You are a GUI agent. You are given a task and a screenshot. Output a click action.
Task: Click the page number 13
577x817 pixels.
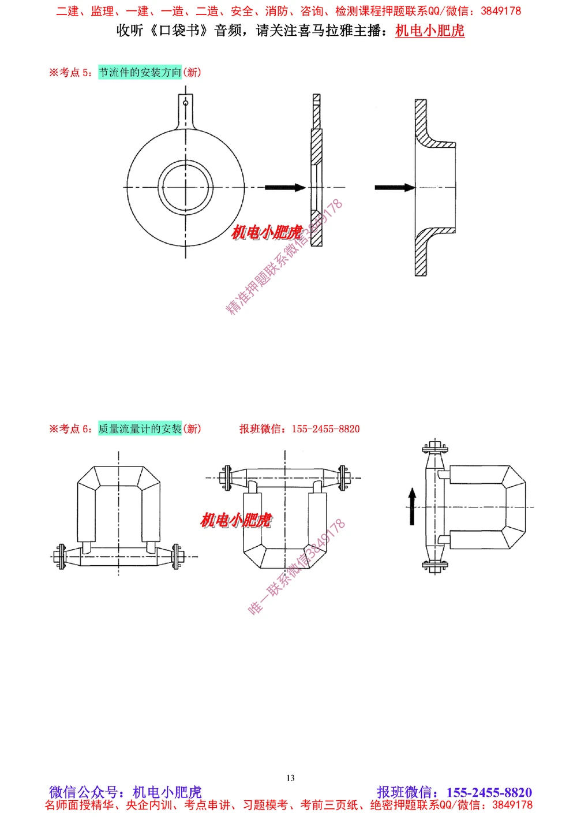pos(290,778)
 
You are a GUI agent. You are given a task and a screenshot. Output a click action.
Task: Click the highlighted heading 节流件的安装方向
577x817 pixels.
pos(140,72)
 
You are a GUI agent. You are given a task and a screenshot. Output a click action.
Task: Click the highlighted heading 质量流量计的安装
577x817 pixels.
pos(140,428)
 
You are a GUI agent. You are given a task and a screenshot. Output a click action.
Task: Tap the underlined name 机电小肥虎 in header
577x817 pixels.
pos(430,31)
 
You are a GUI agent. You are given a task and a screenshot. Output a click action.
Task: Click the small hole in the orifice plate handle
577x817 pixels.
pos(185,103)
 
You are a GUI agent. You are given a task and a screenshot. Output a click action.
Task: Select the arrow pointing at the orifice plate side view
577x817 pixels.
pos(285,187)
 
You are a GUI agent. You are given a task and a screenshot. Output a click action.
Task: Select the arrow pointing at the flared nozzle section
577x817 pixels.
pos(395,187)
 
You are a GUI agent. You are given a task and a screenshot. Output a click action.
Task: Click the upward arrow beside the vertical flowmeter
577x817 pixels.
pos(412,506)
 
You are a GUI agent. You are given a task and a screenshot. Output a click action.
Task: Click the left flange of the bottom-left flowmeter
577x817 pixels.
pos(59,557)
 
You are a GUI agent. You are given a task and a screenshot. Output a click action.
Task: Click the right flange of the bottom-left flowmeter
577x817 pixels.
pos(178,557)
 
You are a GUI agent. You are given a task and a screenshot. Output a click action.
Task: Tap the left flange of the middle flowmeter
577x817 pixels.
pos(226,478)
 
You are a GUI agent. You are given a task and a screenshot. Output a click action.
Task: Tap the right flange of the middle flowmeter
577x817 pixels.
pos(343,478)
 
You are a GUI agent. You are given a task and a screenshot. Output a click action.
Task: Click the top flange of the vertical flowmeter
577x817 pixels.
pos(434,447)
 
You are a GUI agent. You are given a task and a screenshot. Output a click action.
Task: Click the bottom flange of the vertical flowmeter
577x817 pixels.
pos(434,566)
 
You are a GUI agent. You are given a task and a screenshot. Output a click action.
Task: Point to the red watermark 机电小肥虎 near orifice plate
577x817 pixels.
pos(267,232)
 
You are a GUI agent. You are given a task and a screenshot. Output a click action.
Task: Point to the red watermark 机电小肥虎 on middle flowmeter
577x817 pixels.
pos(235,520)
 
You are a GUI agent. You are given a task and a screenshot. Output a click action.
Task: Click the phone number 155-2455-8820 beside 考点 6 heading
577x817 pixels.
pos(325,428)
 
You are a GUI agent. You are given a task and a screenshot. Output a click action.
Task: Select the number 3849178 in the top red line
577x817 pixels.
pos(500,11)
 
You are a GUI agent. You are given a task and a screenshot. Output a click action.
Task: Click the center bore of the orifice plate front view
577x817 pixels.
pos(185,187)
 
